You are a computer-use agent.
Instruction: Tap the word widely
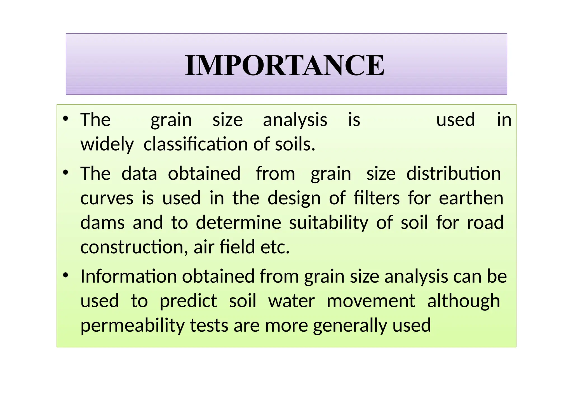click(107, 144)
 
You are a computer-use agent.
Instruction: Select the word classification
click(196, 144)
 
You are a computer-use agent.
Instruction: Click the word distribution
click(454, 174)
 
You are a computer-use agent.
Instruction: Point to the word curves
click(107, 198)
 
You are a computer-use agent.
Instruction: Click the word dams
click(102, 223)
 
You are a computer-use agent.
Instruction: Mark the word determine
click(238, 223)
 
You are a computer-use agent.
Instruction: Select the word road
click(485, 223)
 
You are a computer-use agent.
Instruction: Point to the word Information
click(129, 276)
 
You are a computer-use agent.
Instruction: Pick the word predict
click(188, 301)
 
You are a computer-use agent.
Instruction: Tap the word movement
click(371, 301)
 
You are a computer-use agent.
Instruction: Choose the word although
click(463, 301)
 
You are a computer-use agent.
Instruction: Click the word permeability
click(133, 326)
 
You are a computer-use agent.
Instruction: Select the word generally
click(350, 326)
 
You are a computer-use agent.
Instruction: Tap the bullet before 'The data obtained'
click(66, 173)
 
